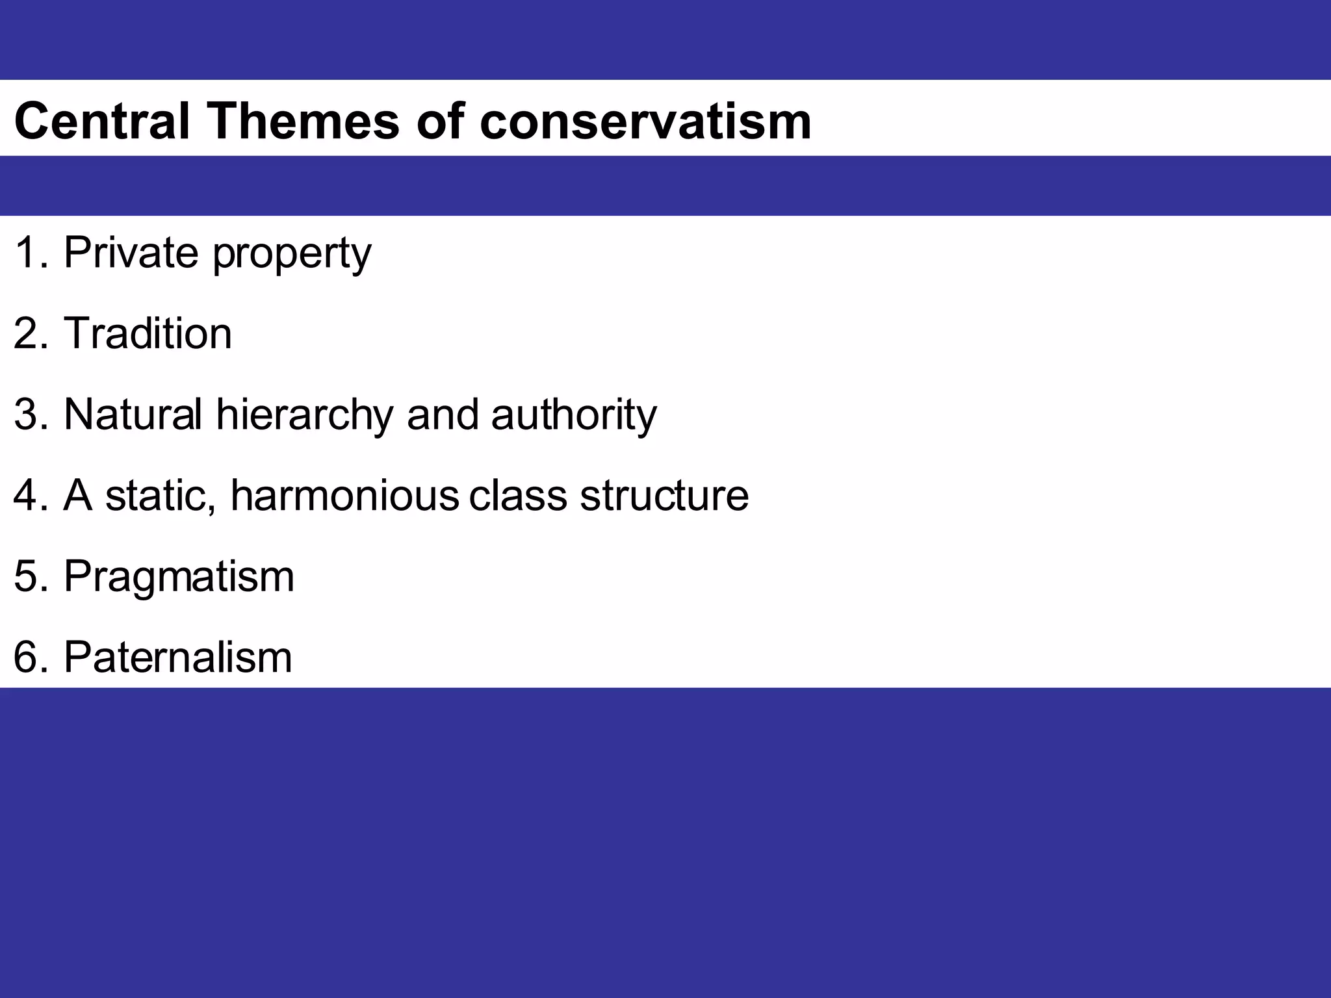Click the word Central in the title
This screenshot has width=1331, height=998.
point(101,121)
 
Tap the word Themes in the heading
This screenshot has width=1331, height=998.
point(303,121)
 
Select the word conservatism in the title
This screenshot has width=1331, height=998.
point(645,121)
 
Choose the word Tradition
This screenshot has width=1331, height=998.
point(148,333)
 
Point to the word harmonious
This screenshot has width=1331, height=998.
point(344,495)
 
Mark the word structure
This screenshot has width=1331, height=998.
point(664,495)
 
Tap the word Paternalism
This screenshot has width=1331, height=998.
point(177,657)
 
